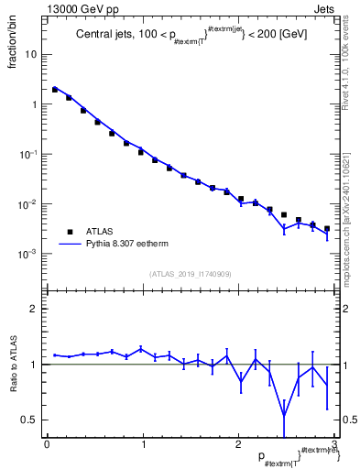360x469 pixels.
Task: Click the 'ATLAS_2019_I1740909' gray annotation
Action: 190,274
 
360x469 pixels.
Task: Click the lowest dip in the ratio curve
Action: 284,415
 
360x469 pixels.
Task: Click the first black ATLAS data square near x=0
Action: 55,90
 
